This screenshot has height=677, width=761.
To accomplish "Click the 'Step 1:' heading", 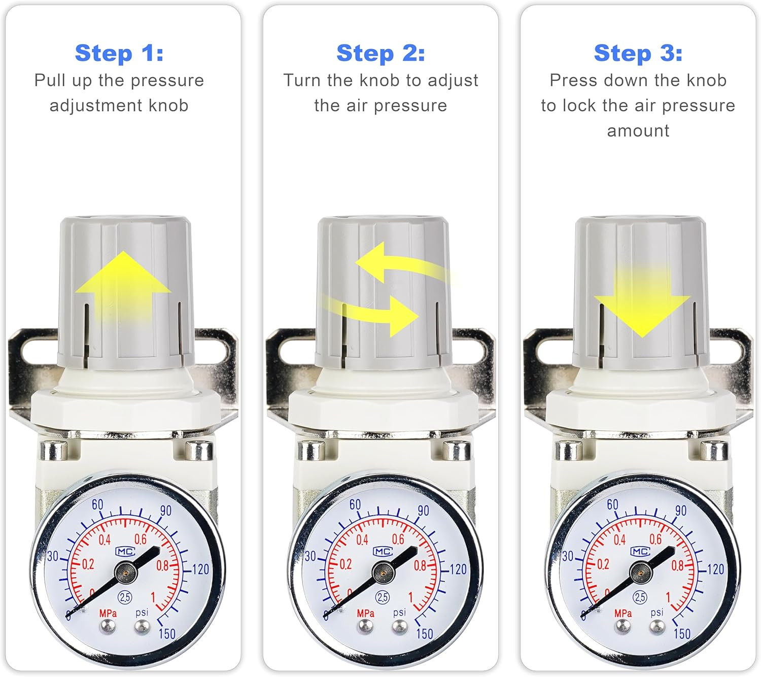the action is tap(119, 53).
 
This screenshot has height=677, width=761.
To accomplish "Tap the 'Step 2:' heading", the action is tap(380, 53).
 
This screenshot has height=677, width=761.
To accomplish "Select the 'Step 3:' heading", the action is tap(638, 53).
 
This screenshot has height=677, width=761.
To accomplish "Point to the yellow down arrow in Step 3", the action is tap(642, 300).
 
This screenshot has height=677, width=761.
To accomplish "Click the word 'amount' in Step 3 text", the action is tap(638, 131).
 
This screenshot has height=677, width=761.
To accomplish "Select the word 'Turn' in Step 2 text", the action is tap(302, 80).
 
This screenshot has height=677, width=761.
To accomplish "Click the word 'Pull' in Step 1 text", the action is tap(50, 80).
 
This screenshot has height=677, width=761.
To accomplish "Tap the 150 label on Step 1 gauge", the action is tap(167, 634).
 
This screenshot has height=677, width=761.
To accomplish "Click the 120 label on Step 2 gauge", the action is tap(458, 569).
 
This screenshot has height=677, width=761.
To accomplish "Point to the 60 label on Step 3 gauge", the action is tap(612, 504).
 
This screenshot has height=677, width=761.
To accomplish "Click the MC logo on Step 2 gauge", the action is tap(383, 551).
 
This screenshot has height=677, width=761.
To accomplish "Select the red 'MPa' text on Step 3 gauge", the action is tap(623, 614).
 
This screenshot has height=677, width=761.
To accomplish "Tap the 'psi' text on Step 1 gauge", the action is tap(142, 613).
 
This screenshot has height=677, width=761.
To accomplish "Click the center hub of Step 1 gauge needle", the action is tap(125, 572).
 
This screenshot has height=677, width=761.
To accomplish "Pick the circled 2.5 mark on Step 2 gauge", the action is tap(383, 597).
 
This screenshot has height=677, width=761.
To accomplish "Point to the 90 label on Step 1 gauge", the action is tap(166, 511).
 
